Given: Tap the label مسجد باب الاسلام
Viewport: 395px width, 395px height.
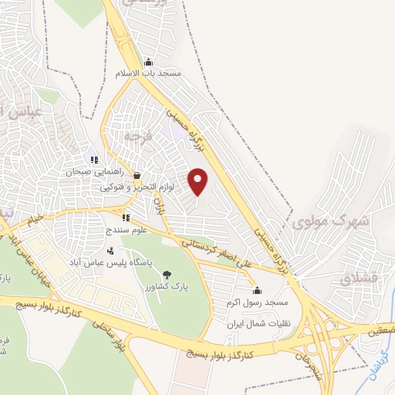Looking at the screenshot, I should [147, 74].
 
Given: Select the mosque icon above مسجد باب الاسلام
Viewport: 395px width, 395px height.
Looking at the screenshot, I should [148, 62].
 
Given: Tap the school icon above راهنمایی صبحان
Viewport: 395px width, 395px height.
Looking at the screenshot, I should [94, 160].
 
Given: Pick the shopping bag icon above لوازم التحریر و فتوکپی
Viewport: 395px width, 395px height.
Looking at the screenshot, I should [137, 176].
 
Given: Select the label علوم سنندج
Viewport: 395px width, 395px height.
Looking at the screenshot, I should [126, 230].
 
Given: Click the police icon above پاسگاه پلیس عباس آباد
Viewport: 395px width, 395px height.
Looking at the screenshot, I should [110, 250].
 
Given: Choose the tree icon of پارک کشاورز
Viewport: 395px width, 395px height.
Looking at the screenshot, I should [167, 274].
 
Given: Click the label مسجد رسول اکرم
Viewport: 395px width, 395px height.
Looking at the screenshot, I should [258, 303].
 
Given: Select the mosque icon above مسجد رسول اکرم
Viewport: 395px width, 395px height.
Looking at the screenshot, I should [257, 292].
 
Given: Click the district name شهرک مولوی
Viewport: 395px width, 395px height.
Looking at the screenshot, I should [332, 221].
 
